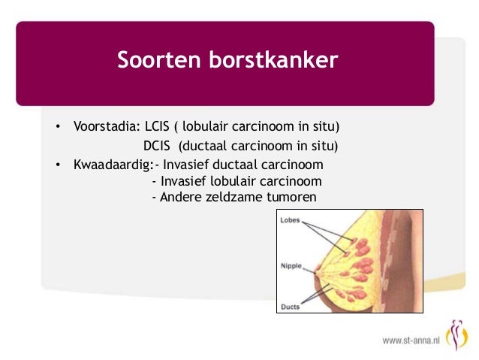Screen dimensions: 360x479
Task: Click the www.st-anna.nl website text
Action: click(x=411, y=340)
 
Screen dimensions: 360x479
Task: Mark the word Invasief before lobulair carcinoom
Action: click(x=183, y=181)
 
